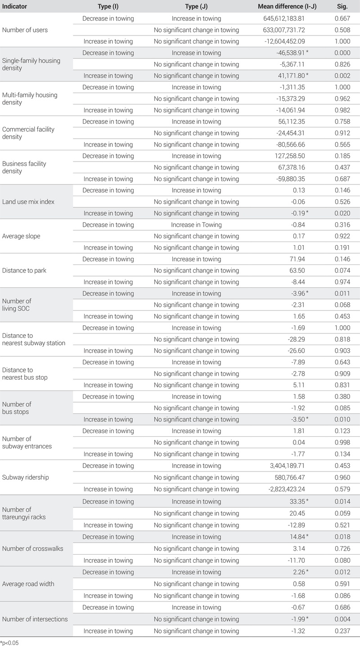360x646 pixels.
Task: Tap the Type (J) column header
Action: [x=196, y=7]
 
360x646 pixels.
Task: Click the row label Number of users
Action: [x=25, y=30]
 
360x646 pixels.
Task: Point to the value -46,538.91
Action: [x=289, y=53]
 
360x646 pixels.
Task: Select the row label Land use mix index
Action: [x=28, y=202]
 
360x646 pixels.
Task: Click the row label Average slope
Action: [x=21, y=236]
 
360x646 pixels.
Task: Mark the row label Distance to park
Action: [x=24, y=270]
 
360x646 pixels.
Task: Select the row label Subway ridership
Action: [x=25, y=477]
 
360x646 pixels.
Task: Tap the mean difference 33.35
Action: [x=296, y=502]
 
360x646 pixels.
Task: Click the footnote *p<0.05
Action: [x=9, y=643]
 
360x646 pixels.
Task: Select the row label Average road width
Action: [x=28, y=584]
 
